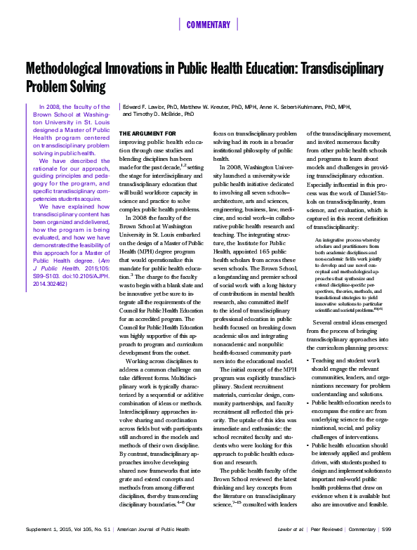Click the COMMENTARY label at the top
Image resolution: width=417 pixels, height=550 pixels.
point(208,25)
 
